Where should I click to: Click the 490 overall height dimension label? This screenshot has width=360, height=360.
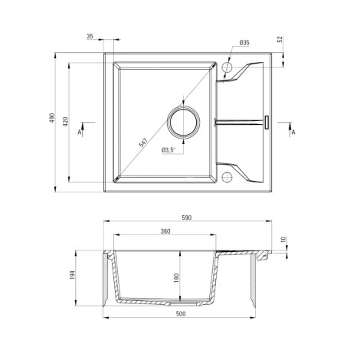click(52, 117)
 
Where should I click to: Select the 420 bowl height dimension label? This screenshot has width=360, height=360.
click(66, 122)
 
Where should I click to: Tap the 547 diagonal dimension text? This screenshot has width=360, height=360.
click(143, 142)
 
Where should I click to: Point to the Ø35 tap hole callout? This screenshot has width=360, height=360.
click(244, 43)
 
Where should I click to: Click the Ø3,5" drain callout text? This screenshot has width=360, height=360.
click(169, 150)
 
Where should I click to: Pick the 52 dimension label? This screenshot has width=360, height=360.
click(280, 39)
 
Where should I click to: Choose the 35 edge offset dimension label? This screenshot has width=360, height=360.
click(90, 36)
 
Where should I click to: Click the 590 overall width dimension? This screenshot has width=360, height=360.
click(187, 218)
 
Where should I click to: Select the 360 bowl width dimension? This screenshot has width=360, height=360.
click(165, 231)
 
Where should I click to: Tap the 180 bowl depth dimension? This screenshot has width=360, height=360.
click(176, 278)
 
